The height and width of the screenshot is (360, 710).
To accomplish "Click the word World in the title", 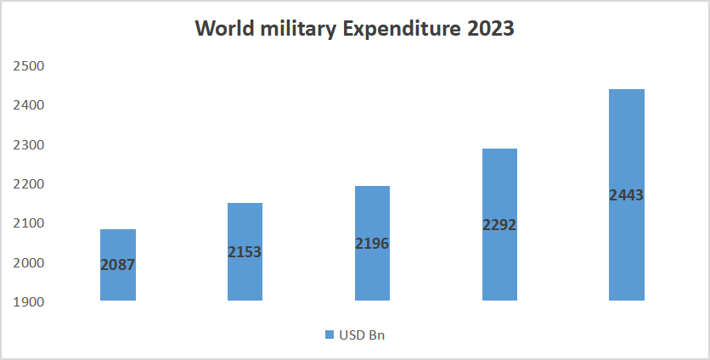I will pos(225,29).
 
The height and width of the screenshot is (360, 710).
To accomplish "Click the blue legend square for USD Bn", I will pos(330,335).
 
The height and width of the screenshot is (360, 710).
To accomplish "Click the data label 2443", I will pos(627,195).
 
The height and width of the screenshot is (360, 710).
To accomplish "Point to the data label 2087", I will pos(117,265).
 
